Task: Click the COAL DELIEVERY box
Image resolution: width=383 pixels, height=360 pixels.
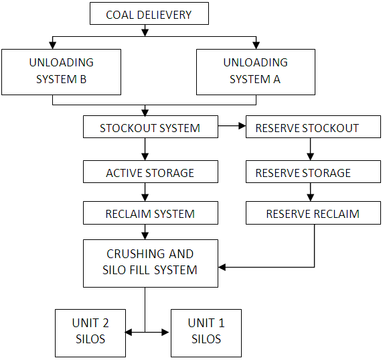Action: (x=149, y=14)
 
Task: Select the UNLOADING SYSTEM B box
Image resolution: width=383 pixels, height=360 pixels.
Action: (x=61, y=71)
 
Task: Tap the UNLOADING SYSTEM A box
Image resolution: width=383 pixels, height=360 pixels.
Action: (x=255, y=71)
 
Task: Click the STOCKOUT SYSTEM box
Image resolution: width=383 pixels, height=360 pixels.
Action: (x=150, y=127)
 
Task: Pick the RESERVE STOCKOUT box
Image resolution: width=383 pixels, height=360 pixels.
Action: (x=307, y=127)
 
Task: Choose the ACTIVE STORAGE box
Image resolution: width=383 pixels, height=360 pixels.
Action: (x=150, y=172)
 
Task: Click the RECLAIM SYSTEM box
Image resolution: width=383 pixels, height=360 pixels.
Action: (x=150, y=214)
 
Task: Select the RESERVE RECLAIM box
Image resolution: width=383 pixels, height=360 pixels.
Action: (x=313, y=214)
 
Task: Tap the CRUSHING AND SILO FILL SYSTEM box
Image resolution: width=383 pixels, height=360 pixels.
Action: (x=150, y=262)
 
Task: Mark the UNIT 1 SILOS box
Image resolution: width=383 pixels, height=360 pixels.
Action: (x=206, y=331)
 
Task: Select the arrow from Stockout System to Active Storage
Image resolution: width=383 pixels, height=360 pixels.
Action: (x=145, y=149)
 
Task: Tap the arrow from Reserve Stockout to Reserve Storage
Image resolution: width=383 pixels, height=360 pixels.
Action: (x=309, y=149)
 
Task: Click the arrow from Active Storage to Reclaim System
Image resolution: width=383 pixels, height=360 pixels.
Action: (x=145, y=192)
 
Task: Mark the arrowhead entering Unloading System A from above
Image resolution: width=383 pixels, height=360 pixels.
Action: (x=255, y=45)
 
